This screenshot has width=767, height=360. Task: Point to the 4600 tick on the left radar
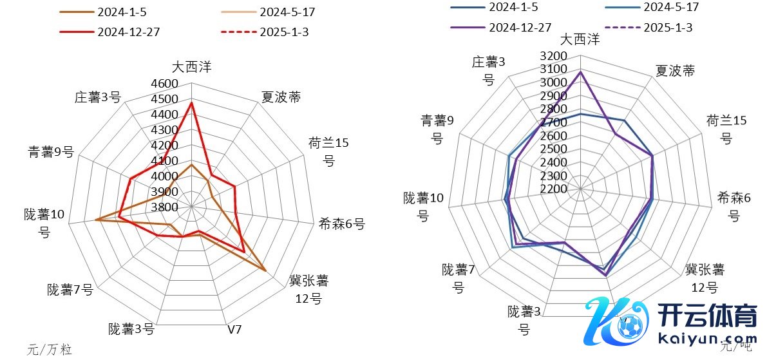click(165, 84)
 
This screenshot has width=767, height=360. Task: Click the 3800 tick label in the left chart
click(165, 207)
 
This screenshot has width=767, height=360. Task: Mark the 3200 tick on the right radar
click(554, 56)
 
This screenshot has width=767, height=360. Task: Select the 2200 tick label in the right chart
click(554, 189)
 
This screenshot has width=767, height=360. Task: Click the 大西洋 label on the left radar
click(191, 66)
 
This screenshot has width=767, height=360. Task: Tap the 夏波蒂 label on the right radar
click(675, 71)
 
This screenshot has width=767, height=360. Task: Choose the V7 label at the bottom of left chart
click(235, 330)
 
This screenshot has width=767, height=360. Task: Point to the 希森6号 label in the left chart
click(341, 224)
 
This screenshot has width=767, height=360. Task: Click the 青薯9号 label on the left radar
click(51, 152)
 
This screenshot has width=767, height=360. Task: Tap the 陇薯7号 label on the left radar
click(70, 290)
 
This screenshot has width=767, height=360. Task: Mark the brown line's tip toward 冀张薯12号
click(265, 270)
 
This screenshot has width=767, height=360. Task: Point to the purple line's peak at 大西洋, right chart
click(581, 71)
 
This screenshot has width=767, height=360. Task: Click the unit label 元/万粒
click(50, 350)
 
